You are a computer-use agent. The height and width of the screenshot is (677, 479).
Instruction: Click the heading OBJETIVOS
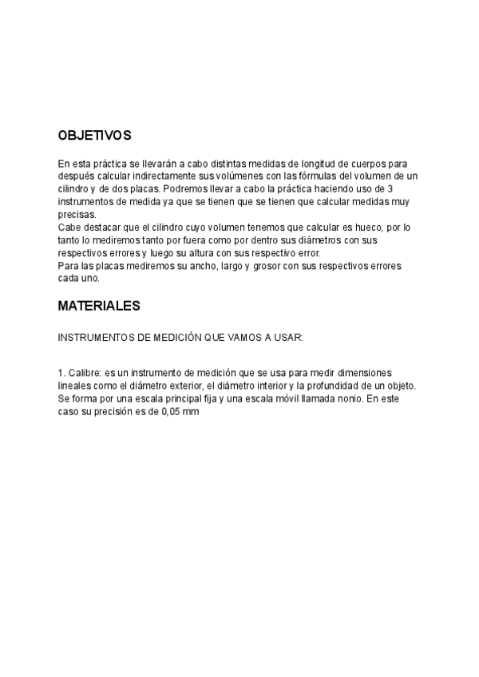pyautogui.click(x=94, y=137)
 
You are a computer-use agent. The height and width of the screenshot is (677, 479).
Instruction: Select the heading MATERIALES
pyautogui.click(x=99, y=306)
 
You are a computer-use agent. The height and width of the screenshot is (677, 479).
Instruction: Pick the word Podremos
pyautogui.click(x=183, y=188)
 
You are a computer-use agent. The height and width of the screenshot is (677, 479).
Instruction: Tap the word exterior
pyautogui.click(x=174, y=386)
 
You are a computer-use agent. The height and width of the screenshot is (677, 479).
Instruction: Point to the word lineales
pyautogui.click(x=76, y=386)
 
